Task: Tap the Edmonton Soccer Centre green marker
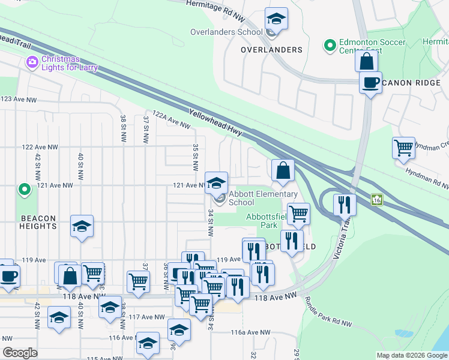point(329,45)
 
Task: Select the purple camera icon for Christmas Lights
point(32,62)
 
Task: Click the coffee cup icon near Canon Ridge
point(370,82)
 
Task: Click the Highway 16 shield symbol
point(377,199)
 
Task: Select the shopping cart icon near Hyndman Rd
point(404,147)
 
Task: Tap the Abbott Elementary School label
point(263,198)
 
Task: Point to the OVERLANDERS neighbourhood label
point(271,49)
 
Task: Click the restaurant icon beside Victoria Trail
point(345,204)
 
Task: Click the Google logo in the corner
point(20,352)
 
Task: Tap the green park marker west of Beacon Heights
point(25,190)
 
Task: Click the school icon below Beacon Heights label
point(82,226)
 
